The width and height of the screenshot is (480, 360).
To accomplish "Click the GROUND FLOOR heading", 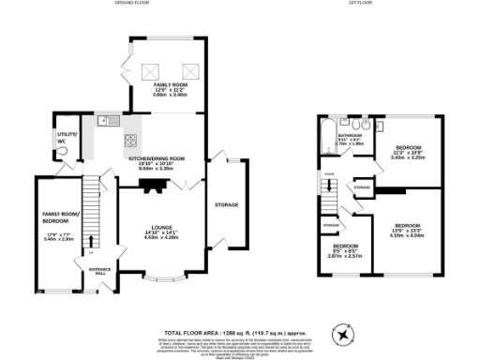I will [134, 4].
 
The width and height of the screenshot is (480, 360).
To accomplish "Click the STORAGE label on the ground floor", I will [226, 204].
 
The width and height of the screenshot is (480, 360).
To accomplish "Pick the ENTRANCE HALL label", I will [99, 271].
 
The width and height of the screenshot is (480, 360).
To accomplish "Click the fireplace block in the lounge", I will [152, 185].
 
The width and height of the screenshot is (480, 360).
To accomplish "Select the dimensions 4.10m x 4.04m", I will [406, 234].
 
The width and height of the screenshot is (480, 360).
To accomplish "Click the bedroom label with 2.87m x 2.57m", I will [343, 251].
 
